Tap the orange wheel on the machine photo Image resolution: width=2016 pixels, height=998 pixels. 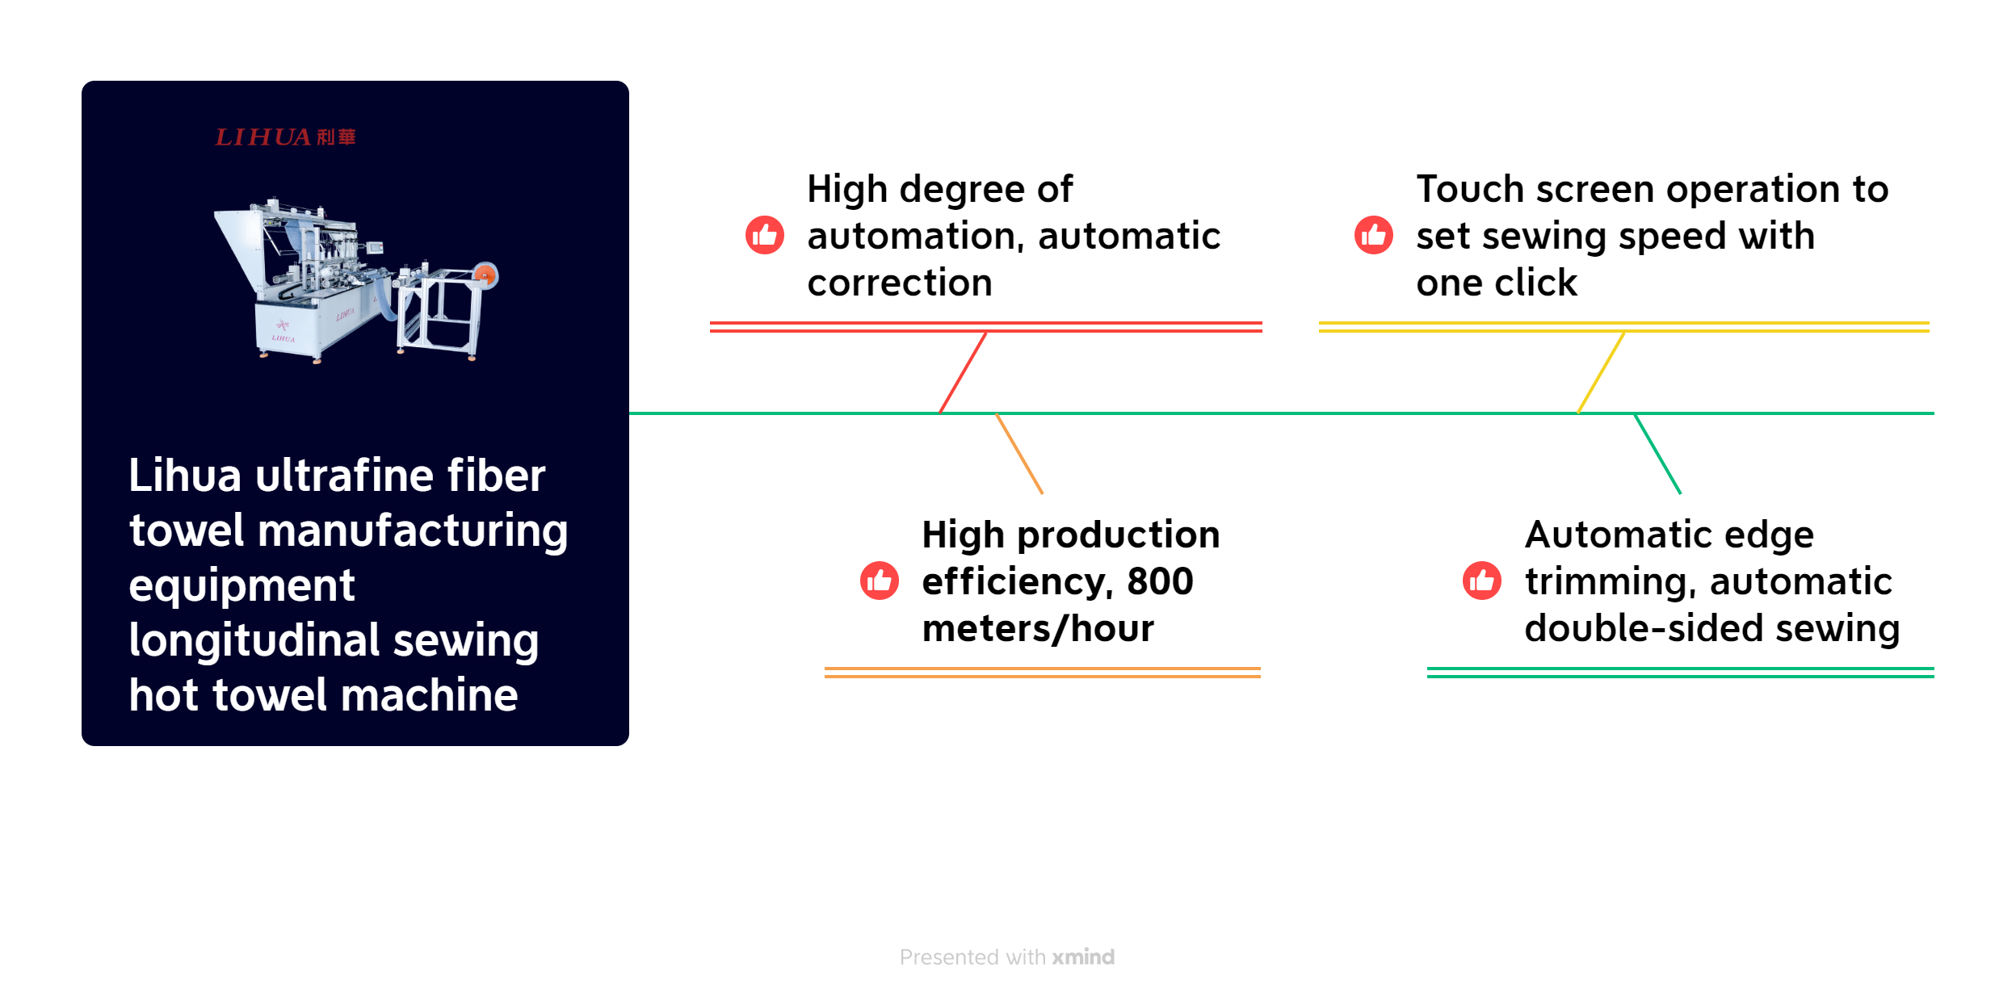pos(485,275)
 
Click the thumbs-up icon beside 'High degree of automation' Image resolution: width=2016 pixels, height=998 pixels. pos(764,235)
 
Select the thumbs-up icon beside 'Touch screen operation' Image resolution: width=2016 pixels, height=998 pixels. pos(1373,235)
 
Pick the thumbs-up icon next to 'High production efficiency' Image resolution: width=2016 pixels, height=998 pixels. pos(879,581)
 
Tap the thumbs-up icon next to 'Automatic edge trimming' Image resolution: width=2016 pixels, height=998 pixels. pos(1481,581)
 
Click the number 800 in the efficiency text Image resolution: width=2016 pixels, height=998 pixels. pos(1160,581)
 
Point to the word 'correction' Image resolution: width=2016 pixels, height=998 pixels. pos(900,283)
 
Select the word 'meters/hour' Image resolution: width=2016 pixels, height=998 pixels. pos(1038,628)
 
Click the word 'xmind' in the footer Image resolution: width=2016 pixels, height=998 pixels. pos(1083,957)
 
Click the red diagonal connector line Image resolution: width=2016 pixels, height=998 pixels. pos(963,372)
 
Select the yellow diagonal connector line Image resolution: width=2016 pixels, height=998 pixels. pos(1601,372)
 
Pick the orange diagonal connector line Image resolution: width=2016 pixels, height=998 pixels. pos(1019,453)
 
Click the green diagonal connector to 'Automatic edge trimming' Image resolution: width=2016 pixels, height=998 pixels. pos(1657,453)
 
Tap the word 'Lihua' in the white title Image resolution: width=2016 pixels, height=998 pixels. pos(185,475)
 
